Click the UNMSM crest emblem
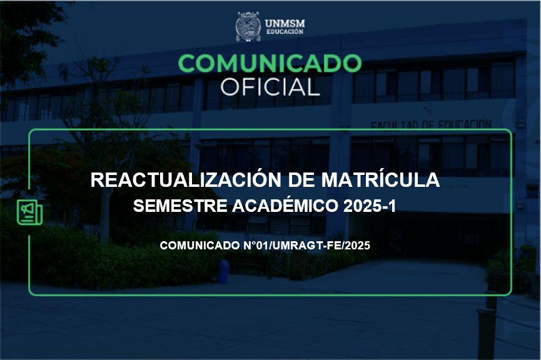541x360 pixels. pos(248,26)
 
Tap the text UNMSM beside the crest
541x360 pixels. pos(285,24)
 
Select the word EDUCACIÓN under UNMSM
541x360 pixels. pos(285,32)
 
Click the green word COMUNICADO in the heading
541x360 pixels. pos(270,63)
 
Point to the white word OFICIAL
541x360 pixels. pos(270,86)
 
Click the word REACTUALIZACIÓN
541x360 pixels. pos(186,179)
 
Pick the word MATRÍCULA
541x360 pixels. pos(380,179)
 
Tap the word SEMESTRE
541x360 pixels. pos(180,206)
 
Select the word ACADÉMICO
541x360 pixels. pos(285,205)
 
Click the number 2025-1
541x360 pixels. pos(370,206)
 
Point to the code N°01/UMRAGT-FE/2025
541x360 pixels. pos(306,246)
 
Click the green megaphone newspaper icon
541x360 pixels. pos(29,212)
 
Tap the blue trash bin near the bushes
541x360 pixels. pos(223,271)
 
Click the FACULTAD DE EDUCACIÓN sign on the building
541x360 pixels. pos(431,124)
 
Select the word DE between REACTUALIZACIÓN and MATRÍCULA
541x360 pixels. pos(301,180)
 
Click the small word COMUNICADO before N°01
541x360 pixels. pos(200,246)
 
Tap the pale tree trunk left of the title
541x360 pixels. pos(104,214)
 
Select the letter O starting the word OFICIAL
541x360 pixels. pos(230,86)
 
